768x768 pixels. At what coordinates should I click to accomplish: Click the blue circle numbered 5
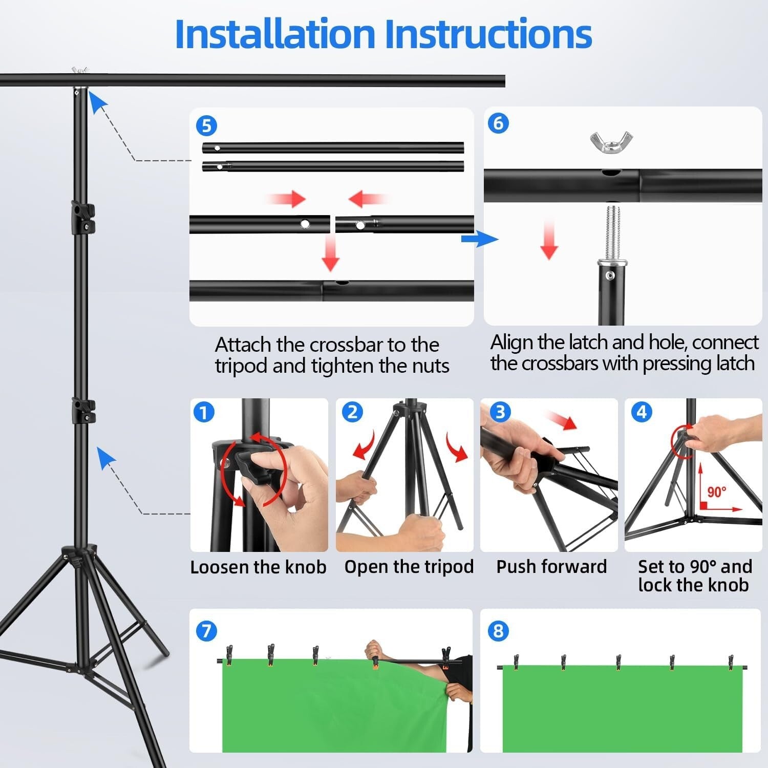(x=206, y=126)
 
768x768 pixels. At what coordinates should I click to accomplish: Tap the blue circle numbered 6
(x=498, y=123)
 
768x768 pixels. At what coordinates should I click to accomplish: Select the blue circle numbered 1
(x=204, y=412)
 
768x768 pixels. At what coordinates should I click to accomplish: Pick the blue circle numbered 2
(x=352, y=412)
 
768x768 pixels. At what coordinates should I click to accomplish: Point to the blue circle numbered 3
(x=500, y=412)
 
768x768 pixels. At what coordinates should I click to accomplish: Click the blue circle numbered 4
(x=642, y=412)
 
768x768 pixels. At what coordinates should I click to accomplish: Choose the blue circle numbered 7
(x=206, y=631)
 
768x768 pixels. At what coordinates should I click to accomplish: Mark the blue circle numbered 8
(x=498, y=631)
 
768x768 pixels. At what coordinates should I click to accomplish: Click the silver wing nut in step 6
(x=611, y=142)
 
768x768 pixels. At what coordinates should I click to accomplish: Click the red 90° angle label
(x=716, y=492)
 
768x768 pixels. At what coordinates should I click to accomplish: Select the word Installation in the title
(x=275, y=34)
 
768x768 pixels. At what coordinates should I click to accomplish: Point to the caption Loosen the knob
(x=258, y=567)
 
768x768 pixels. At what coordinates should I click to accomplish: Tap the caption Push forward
(x=551, y=567)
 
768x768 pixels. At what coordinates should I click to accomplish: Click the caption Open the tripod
(x=409, y=567)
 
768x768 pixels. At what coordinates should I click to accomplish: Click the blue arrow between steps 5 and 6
(x=479, y=239)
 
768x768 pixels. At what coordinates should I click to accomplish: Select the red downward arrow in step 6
(x=549, y=240)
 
